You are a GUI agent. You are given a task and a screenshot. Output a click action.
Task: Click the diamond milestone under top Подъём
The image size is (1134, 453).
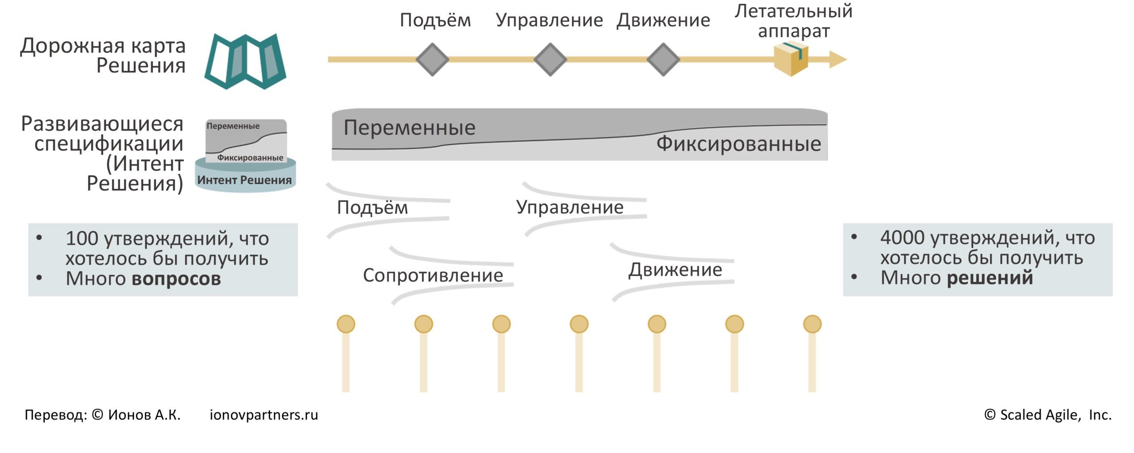[432, 59]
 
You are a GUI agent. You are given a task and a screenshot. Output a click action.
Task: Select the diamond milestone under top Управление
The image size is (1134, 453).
[550, 59]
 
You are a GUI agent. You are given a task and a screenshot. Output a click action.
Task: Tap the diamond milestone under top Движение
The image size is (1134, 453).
[663, 59]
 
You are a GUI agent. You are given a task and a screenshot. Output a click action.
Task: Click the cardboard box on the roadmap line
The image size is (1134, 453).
[791, 58]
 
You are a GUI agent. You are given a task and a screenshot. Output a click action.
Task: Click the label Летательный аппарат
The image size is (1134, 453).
[793, 21]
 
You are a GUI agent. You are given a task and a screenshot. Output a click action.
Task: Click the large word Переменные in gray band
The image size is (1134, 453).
[409, 127]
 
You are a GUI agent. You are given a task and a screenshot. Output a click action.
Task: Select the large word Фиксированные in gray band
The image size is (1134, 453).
[738, 144]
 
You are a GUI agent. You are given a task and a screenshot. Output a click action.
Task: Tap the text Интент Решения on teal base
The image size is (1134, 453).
[245, 180]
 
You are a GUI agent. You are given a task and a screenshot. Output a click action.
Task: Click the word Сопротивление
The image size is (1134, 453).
[433, 275]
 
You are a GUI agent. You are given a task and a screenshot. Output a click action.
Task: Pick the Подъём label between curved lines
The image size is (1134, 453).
[372, 207]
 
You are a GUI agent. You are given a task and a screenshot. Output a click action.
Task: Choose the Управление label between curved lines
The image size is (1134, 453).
[570, 207]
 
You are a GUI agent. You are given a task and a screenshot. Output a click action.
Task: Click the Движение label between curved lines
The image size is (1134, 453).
[675, 270]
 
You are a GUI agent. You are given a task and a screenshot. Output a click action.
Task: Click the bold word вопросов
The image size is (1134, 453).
[176, 278]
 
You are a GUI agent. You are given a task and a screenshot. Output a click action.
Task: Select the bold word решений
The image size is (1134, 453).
[990, 278]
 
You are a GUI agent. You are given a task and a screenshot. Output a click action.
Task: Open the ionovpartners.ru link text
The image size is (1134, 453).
[264, 415]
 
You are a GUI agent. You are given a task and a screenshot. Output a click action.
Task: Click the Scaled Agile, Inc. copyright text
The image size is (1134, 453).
[1048, 415]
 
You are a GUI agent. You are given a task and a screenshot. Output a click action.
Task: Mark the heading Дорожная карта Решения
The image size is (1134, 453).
[103, 55]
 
